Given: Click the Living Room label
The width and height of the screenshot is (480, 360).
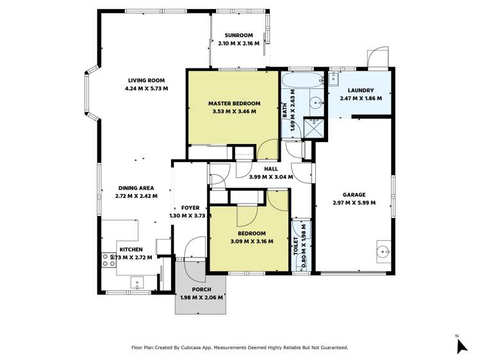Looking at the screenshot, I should tap(147, 80).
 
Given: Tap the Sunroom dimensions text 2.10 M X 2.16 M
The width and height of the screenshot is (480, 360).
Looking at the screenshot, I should tap(238, 44).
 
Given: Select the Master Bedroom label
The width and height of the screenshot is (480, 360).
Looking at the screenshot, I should tap(234, 103).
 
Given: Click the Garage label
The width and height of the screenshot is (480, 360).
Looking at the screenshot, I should tap(354, 195).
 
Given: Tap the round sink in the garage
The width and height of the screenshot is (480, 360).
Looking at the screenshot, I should tap(384, 250).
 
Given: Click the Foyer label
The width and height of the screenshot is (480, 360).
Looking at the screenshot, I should tap(190, 208).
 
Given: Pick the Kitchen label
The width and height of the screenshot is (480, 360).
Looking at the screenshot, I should tap(130, 249).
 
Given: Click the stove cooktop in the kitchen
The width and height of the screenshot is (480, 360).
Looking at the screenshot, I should tap(106, 259).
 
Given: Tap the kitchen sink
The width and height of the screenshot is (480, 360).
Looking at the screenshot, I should tap(137, 281).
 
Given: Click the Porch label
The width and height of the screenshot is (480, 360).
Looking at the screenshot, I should tap(201, 290).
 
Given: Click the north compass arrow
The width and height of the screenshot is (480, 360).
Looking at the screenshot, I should tap(461, 345).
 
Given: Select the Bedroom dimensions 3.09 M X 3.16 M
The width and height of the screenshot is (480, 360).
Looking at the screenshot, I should tap(251, 241).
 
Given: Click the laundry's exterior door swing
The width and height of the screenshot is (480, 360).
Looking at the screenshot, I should tap(379, 56).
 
